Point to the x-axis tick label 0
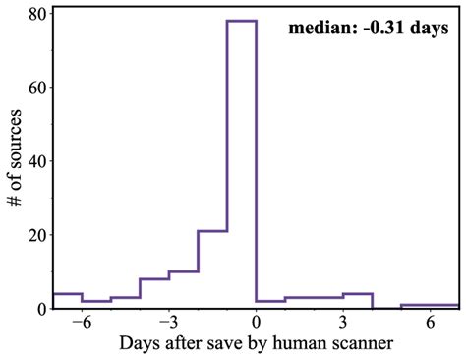point(257,322)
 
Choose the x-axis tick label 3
point(343,322)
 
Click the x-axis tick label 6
point(431,322)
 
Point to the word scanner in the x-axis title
point(360,344)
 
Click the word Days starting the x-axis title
point(138,344)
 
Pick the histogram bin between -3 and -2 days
point(184,289)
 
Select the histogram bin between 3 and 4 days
point(358,301)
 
